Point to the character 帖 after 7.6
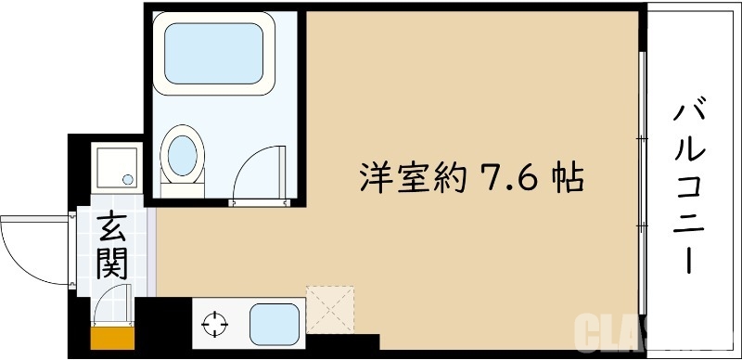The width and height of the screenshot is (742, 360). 565,175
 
